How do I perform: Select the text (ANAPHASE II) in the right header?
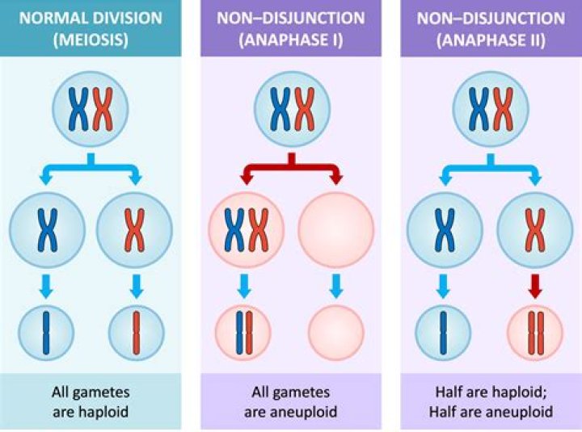[x=490, y=39]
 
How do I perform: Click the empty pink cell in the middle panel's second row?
[x=336, y=229]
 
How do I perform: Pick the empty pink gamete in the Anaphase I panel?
[x=336, y=333]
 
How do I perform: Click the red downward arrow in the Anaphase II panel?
[x=535, y=284]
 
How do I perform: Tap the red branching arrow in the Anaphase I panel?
[x=290, y=170]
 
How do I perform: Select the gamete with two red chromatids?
[x=535, y=333]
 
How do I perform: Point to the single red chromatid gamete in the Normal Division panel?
[x=136, y=333]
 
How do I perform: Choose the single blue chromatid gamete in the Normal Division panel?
[x=46, y=333]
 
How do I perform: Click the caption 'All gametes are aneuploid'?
[x=290, y=401]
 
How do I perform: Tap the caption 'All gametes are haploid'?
[x=91, y=401]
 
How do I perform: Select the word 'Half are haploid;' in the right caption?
[x=490, y=392]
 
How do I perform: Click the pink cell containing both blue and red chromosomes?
[x=246, y=229]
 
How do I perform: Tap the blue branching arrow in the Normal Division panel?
[x=91, y=170]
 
